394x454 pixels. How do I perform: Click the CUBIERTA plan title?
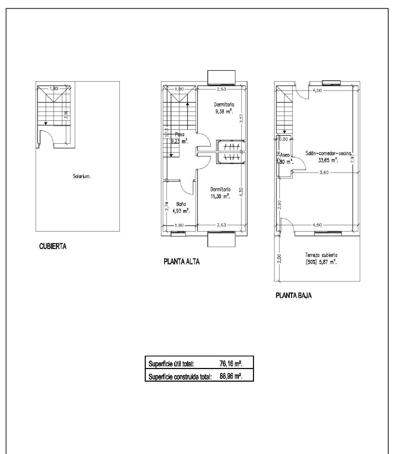coord(53,246)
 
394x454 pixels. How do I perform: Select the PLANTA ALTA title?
coord(182,262)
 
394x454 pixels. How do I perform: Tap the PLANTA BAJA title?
coord(294,295)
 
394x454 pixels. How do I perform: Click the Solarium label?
coord(82,176)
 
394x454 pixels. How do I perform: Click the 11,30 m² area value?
coord(220,196)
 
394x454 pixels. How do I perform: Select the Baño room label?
coord(181,204)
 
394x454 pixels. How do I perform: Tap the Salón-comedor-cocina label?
coord(328,153)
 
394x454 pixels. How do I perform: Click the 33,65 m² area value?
coord(328,160)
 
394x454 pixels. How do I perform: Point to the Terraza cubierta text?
coord(321,255)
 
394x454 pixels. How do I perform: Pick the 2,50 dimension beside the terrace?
coord(279,258)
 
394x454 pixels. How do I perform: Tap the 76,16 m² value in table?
coord(230,364)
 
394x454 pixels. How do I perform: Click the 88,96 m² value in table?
coord(230,376)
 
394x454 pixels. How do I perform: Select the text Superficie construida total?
coord(180,377)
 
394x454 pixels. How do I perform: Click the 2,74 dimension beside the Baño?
coord(167,206)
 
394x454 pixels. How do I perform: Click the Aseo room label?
coord(285,155)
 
